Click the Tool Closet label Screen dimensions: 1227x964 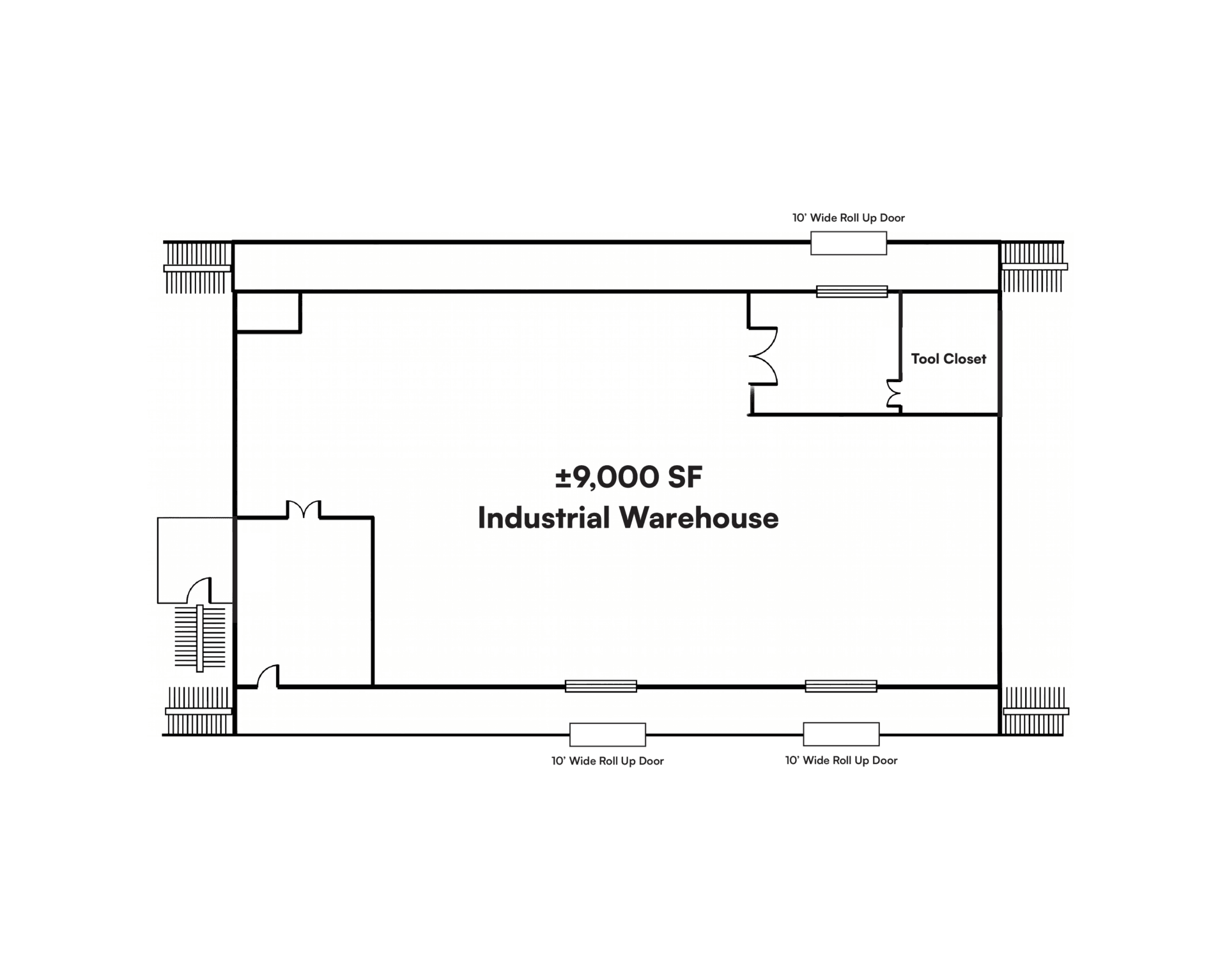[948, 359]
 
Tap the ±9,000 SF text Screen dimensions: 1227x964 [629, 477]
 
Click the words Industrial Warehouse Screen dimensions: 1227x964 [628, 517]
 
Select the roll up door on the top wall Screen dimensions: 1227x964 [849, 243]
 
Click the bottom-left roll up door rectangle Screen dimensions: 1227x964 [608, 735]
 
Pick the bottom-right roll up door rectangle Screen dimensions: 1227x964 [841, 734]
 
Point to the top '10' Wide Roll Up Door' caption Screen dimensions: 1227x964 [849, 218]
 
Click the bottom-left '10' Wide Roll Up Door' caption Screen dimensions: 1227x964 [608, 761]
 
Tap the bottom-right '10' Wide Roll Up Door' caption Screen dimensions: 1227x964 [841, 760]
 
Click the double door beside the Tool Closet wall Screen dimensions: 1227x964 [893, 395]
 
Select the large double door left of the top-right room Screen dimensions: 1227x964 [764, 356]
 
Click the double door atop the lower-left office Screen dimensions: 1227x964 [303, 510]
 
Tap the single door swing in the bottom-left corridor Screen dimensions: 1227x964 [268, 676]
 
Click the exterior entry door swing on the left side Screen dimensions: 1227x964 [199, 590]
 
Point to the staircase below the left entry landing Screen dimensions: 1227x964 [200, 638]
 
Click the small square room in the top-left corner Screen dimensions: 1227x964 [268, 312]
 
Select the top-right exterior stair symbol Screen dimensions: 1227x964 [1033, 266]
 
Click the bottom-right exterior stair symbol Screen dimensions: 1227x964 [1034, 711]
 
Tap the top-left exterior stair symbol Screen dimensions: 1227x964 [197, 268]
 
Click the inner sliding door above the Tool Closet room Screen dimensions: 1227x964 [852, 291]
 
